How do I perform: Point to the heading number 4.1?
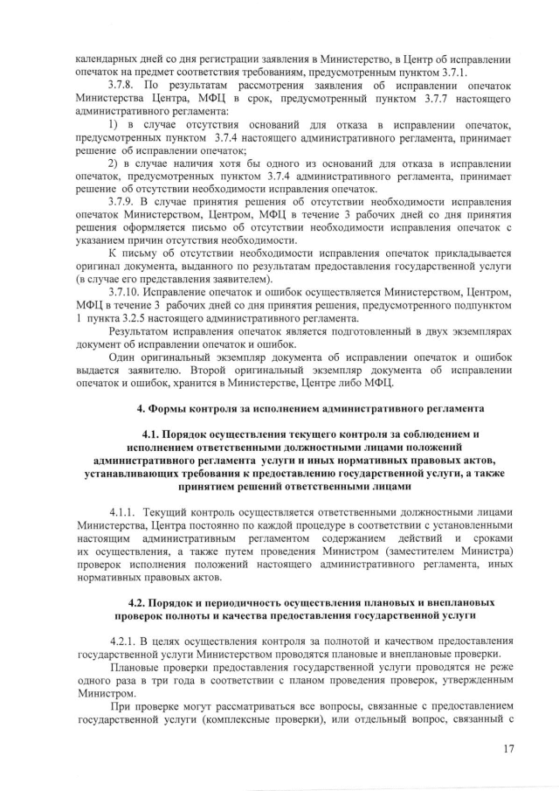tap(153, 434)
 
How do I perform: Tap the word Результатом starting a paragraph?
tap(141, 333)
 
